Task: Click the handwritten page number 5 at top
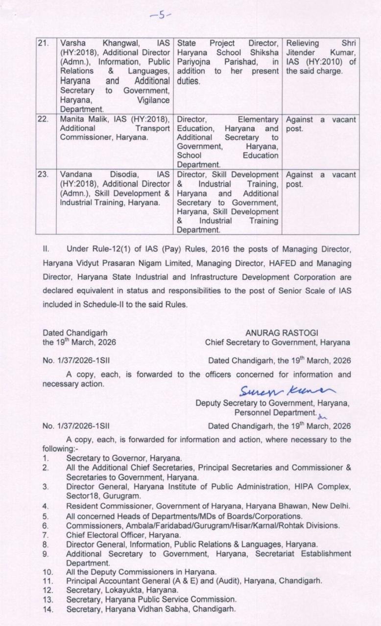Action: coord(160,15)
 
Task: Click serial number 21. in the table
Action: coord(44,44)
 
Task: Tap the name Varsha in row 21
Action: coord(72,44)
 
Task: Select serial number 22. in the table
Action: coord(44,120)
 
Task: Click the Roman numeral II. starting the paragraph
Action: coord(47,249)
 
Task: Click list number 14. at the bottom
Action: coord(47,609)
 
